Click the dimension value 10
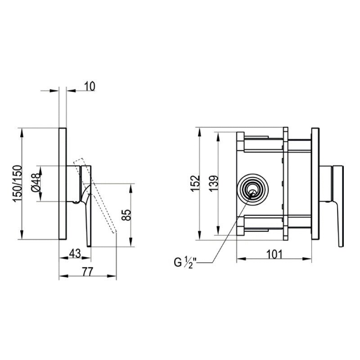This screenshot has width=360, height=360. [90, 86]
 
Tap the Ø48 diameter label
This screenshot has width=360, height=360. [36, 184]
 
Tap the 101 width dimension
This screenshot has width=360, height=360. [274, 254]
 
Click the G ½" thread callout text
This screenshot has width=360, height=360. [186, 261]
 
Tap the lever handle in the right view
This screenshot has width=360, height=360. [337, 207]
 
